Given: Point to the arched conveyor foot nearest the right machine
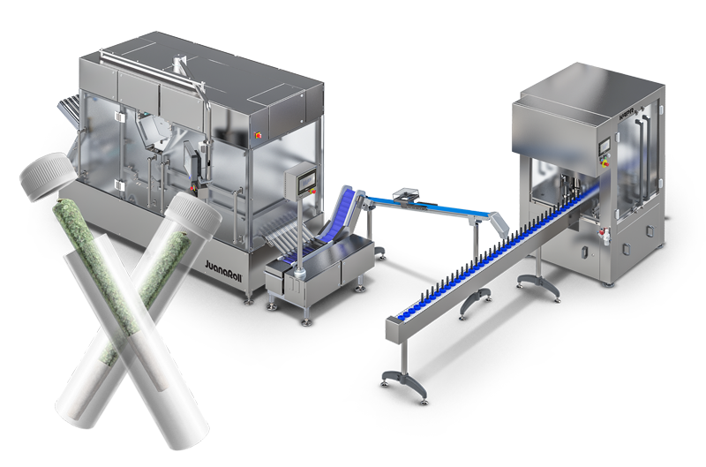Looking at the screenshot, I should [534, 283].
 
